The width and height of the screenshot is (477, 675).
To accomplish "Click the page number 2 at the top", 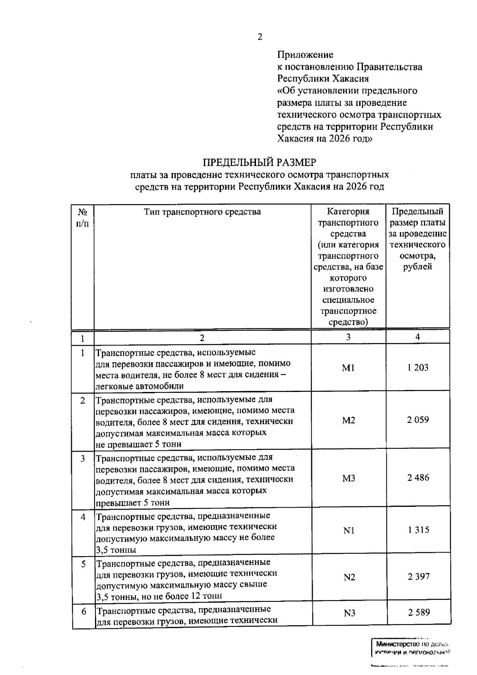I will pos(260,37).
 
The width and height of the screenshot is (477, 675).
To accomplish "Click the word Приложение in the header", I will pos(305,54).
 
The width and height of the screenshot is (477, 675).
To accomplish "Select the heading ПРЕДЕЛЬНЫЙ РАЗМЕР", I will pos(260,162).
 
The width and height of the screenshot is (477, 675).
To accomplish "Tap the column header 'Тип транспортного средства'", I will pos(202,211).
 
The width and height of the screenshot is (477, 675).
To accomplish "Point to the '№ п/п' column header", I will pos(83,217).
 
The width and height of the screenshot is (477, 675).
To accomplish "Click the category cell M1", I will pos(348,368).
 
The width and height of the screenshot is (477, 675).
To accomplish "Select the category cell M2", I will pos(349,420).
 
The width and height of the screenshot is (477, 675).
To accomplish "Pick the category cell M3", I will pos(349,478).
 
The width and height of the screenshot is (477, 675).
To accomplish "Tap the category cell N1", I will pos(349,530).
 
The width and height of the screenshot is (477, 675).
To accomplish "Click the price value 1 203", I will pos(418,367).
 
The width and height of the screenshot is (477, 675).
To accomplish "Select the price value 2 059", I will pos(418,420).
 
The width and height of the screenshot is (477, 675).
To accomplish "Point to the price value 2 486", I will pos(418,477).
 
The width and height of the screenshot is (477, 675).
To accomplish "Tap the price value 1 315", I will pos(418,530).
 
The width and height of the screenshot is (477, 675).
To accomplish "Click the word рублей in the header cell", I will pos(417,267).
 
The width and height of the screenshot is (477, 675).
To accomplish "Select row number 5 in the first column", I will pos(83,564).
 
